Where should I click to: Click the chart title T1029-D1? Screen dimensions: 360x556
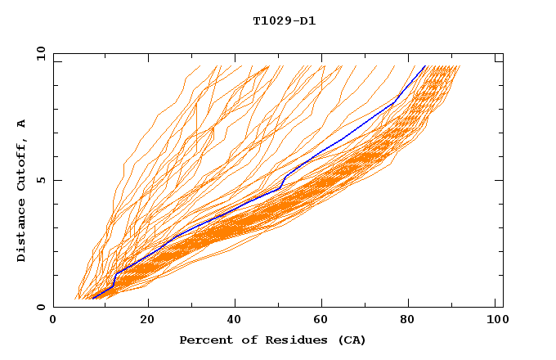click(x=285, y=20)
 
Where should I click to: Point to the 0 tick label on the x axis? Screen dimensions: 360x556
click(x=53, y=321)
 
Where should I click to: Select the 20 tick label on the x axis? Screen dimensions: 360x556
click(x=147, y=321)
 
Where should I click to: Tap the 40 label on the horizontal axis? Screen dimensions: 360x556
click(x=235, y=321)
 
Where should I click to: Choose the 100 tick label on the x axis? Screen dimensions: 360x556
click(x=495, y=321)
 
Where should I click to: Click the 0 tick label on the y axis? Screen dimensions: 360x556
click(x=41, y=307)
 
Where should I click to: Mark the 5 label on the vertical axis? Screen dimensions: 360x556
click(x=41, y=180)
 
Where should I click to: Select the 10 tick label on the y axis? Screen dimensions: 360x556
click(x=41, y=54)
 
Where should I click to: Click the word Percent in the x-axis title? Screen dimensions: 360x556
click(x=203, y=340)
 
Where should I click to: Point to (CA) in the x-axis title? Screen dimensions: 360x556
click(x=352, y=340)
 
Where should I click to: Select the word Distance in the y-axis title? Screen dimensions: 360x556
click(x=21, y=234)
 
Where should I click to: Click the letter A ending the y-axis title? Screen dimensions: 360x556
click(x=21, y=124)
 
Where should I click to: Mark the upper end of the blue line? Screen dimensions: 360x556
click(x=425, y=66)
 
